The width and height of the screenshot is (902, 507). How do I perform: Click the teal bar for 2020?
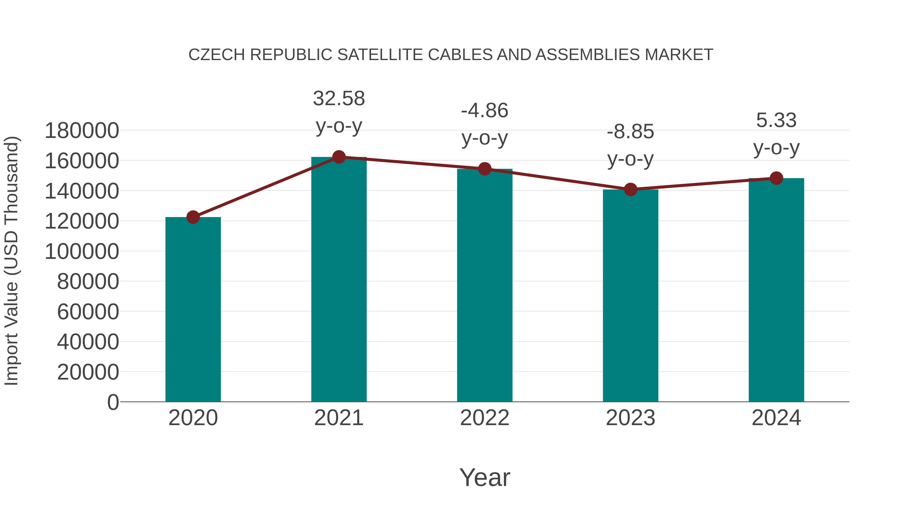[193, 310]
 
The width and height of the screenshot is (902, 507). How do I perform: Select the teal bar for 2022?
[485, 285]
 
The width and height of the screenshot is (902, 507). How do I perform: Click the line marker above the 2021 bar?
[339, 157]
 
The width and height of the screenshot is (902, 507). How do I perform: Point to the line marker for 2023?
[630, 189]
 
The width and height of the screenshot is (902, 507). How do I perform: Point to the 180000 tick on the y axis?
[82, 131]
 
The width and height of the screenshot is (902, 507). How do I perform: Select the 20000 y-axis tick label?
[88, 372]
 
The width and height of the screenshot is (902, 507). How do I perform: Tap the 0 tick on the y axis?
[113, 402]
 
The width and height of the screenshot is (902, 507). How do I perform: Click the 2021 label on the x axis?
[339, 418]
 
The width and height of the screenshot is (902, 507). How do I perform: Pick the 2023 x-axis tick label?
[630, 418]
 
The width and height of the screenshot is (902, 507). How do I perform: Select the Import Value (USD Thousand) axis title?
[11, 261]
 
